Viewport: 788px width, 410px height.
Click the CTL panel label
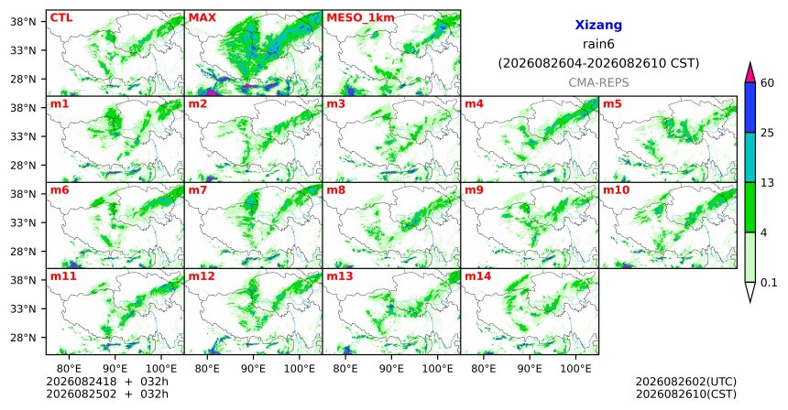(x=61, y=18)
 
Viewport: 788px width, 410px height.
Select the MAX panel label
(x=202, y=18)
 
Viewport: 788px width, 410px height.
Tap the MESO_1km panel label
(x=360, y=18)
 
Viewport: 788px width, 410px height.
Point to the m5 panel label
(x=612, y=104)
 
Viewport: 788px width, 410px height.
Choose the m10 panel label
(x=616, y=190)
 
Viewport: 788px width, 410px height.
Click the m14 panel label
(x=477, y=276)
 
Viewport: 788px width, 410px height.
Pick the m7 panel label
(x=198, y=190)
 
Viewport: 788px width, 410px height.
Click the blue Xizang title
(x=598, y=25)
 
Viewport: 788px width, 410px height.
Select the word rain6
(x=598, y=44)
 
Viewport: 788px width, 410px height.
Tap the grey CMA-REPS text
(x=598, y=82)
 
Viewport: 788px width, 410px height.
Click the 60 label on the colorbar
(x=767, y=82)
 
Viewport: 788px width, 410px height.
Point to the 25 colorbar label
(x=767, y=133)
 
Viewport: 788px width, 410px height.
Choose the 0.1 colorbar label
(x=769, y=283)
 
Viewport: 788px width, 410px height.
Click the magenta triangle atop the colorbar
(x=750, y=73)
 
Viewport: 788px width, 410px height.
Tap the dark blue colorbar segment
(x=750, y=107)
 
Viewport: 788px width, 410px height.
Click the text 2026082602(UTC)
(x=686, y=382)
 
